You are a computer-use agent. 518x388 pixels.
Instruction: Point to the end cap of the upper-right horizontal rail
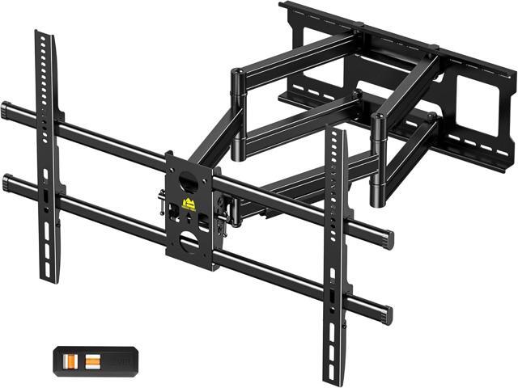[x=389, y=239]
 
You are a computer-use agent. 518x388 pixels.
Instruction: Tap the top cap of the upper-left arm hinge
[x=238, y=73]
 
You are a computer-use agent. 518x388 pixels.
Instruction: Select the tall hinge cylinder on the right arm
[x=377, y=158]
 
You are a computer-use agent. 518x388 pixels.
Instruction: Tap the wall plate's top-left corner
[x=283, y=6]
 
